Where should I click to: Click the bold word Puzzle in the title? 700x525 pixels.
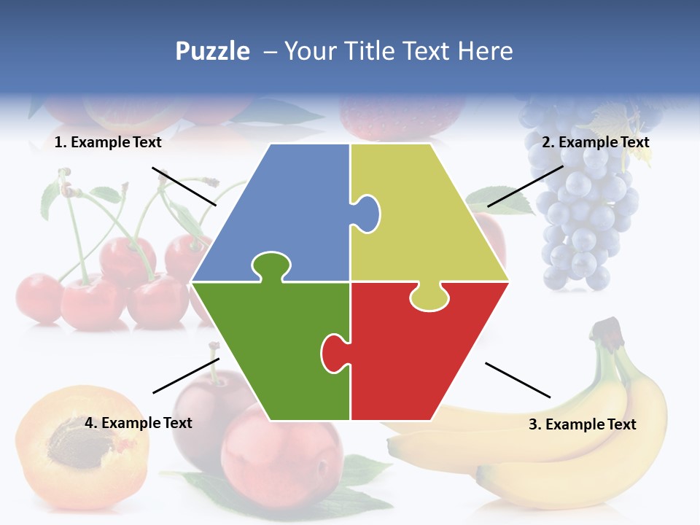(x=212, y=51)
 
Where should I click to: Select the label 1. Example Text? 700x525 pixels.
(x=108, y=143)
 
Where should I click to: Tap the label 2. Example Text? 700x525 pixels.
(x=595, y=143)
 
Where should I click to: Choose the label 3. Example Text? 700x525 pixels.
(x=582, y=424)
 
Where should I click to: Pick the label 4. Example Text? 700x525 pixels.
(x=139, y=423)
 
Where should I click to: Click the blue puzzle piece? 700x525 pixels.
(x=284, y=211)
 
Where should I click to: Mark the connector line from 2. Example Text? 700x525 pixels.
(x=525, y=186)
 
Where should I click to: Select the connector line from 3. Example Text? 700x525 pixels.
(x=518, y=380)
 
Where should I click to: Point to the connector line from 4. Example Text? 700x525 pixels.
(x=186, y=376)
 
